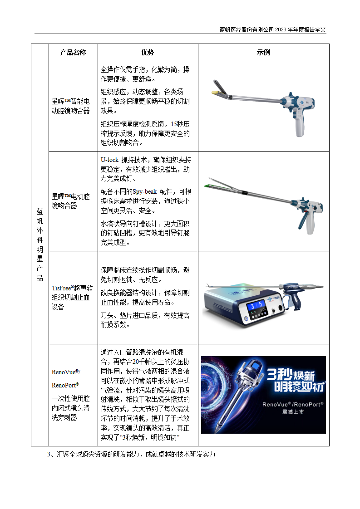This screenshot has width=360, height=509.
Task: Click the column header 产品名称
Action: point(73,53)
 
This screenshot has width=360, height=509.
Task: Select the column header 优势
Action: point(148,53)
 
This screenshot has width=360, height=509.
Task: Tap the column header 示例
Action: point(263,53)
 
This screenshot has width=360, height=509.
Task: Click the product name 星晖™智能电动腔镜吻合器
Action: point(71,106)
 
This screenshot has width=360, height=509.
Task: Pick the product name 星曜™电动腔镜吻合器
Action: point(71,201)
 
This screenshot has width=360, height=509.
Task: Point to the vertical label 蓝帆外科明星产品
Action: point(40,245)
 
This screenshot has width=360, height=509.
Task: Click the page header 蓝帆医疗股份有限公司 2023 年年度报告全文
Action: point(272,29)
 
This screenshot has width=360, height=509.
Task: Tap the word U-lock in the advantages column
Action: point(109,160)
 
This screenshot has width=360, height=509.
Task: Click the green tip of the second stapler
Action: point(212,186)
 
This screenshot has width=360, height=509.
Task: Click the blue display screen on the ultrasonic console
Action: point(257,307)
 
